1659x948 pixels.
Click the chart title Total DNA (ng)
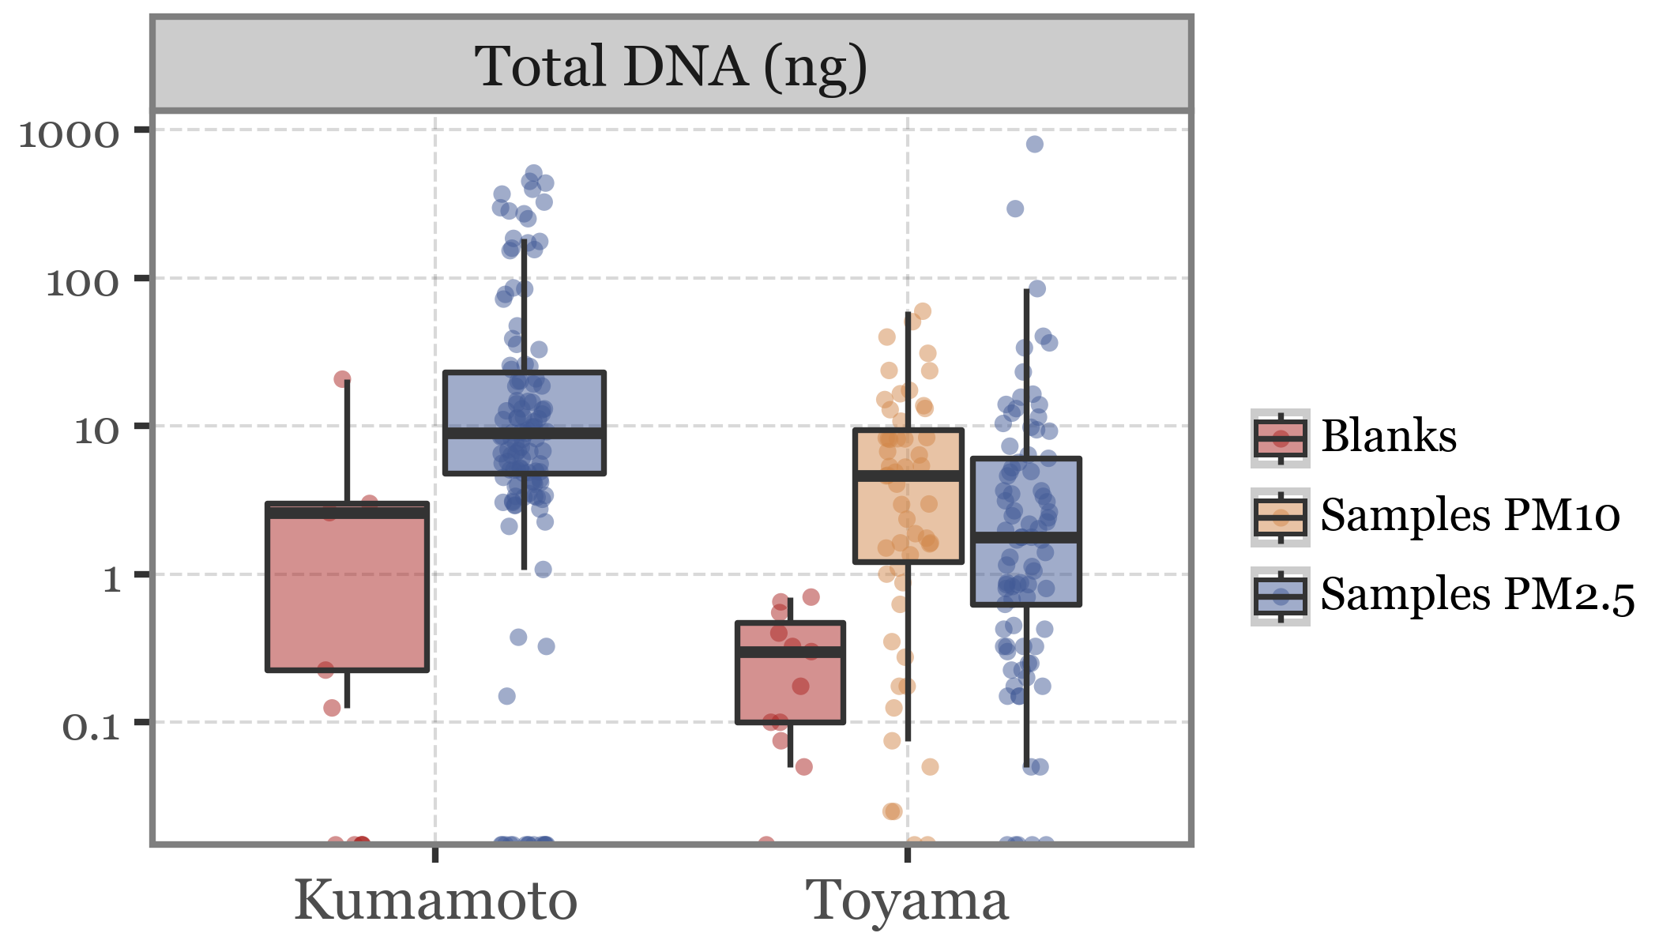pyautogui.click(x=671, y=66)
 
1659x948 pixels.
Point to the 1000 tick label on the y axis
pyautogui.click(x=70, y=135)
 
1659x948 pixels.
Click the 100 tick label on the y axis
pyautogui.click(x=83, y=283)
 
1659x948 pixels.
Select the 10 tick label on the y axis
pyautogui.click(x=96, y=431)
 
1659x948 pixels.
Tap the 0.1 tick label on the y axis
pyautogui.click(x=91, y=728)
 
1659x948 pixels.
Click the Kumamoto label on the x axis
pyautogui.click(x=435, y=901)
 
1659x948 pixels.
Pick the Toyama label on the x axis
pyautogui.click(x=907, y=901)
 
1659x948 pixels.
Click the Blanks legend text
pyautogui.click(x=1389, y=436)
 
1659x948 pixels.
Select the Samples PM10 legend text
pyautogui.click(x=1470, y=515)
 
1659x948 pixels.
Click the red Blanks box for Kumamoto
pyautogui.click(x=348, y=592)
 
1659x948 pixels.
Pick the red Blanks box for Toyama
pyautogui.click(x=791, y=687)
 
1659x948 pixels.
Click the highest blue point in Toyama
pyautogui.click(x=1035, y=144)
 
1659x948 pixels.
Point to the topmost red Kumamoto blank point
pyautogui.click(x=342, y=379)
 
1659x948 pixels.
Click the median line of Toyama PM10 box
pyautogui.click(x=908, y=476)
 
